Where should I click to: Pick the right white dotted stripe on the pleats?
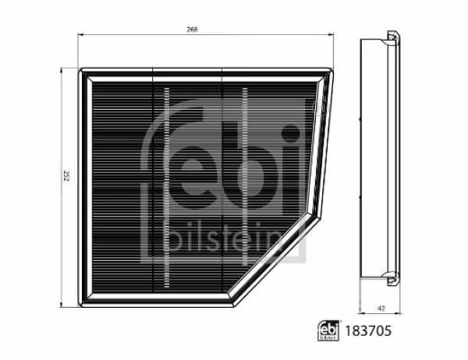tap(244, 187)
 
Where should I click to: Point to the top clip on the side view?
tap(389, 35)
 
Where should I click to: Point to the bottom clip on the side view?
tap(389, 277)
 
